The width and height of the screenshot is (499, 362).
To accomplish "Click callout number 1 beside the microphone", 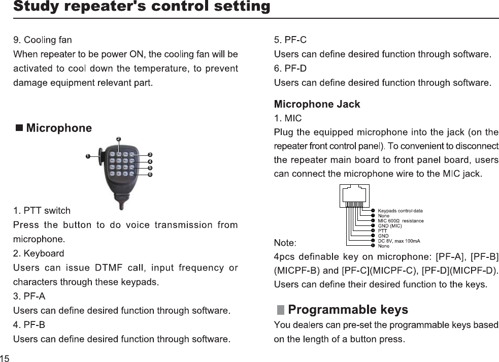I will pyautogui.click(x=87, y=156).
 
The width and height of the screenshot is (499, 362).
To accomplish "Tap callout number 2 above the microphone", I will pyautogui.click(x=118, y=138).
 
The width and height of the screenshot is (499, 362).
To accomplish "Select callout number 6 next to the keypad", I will pyautogui.click(x=150, y=174).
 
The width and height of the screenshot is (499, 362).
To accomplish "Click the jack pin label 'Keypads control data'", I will pyautogui.click(x=400, y=210).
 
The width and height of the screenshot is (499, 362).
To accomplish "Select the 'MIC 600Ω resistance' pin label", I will pyautogui.click(x=401, y=220).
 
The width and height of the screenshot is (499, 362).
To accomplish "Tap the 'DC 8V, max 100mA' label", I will pyautogui.click(x=399, y=241).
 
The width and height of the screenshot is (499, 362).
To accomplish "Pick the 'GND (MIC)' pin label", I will pyautogui.click(x=390, y=225).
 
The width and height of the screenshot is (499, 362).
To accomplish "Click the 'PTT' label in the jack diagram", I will pyautogui.click(x=382, y=231).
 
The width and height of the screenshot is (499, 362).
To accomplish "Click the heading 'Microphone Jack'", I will pyautogui.click(x=317, y=104).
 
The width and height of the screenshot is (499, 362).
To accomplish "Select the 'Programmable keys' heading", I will pyautogui.click(x=348, y=310).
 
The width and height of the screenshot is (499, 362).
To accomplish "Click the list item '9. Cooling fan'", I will pyautogui.click(x=43, y=40).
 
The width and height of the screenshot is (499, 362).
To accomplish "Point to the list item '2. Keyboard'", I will pyautogui.click(x=39, y=253).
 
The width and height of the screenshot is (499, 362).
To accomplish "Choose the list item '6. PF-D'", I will pyautogui.click(x=290, y=68).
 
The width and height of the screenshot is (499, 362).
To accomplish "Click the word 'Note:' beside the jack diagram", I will pyautogui.click(x=285, y=241).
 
